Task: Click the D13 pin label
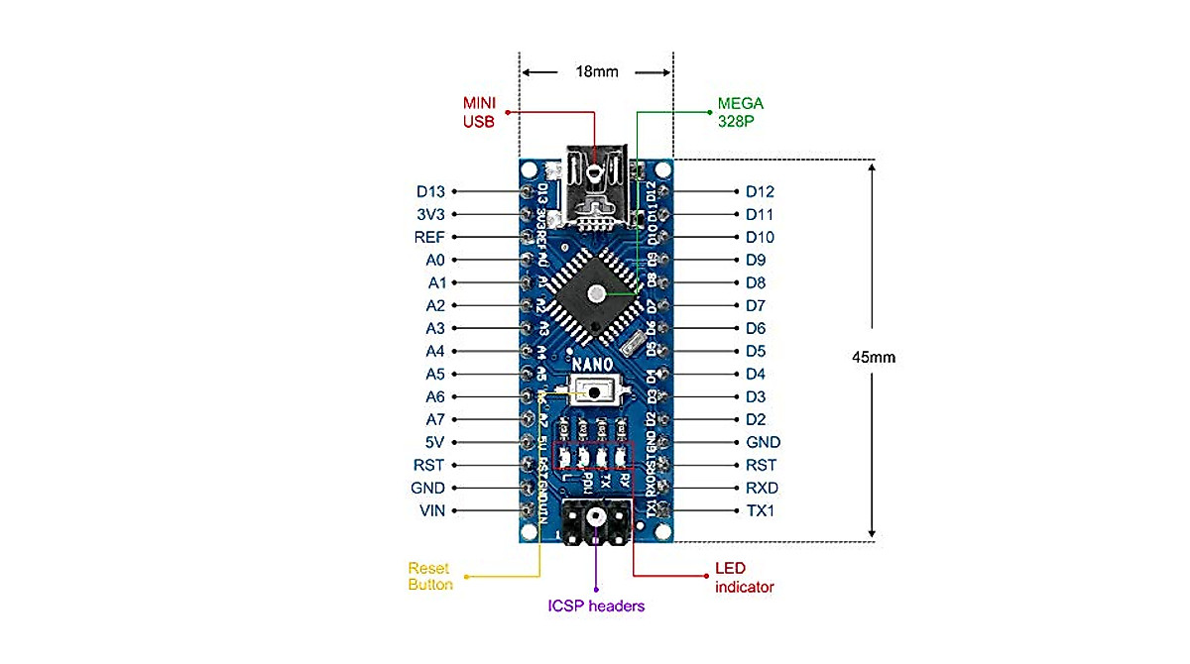coord(431,191)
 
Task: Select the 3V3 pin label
coord(431,214)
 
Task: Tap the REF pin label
coord(429,237)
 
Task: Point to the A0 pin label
coord(435,260)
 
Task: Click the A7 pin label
coord(435,419)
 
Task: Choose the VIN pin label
coord(432,510)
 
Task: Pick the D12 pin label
coord(760,191)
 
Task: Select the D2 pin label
coord(756,419)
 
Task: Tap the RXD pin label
coord(762,488)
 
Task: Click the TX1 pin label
coord(760,510)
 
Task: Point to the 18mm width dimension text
coord(597,72)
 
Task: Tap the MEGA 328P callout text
coord(740,112)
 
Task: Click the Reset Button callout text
coord(429,577)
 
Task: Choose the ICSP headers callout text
coord(596,606)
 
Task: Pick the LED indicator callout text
coord(744,579)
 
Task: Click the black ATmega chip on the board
coord(595,292)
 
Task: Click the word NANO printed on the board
coord(593,363)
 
